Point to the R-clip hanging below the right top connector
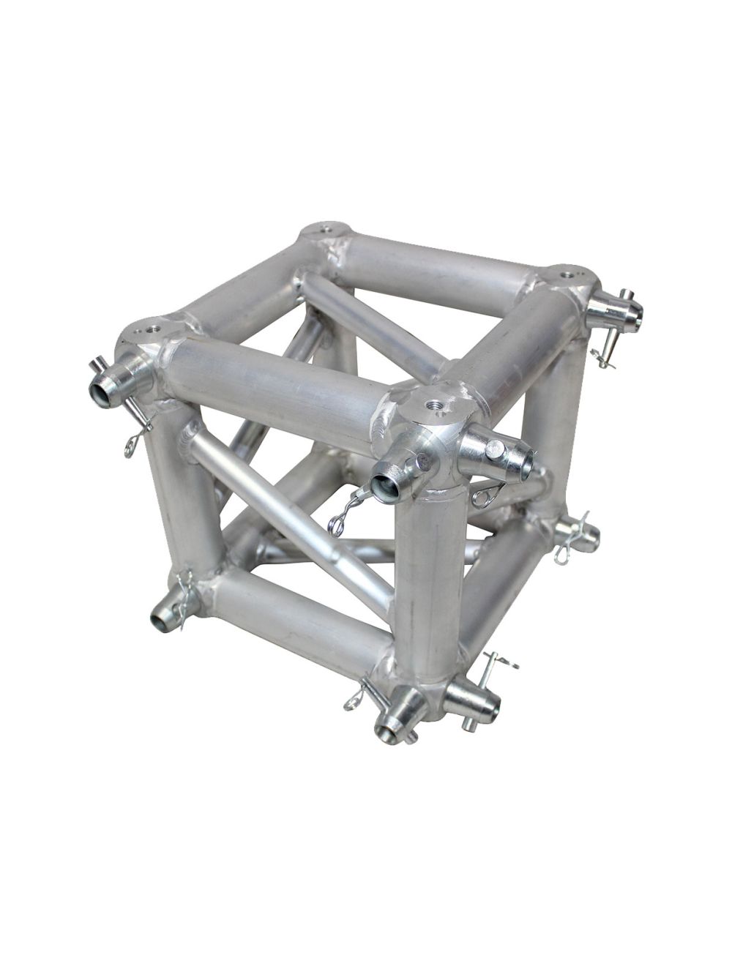tap(603, 356)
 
